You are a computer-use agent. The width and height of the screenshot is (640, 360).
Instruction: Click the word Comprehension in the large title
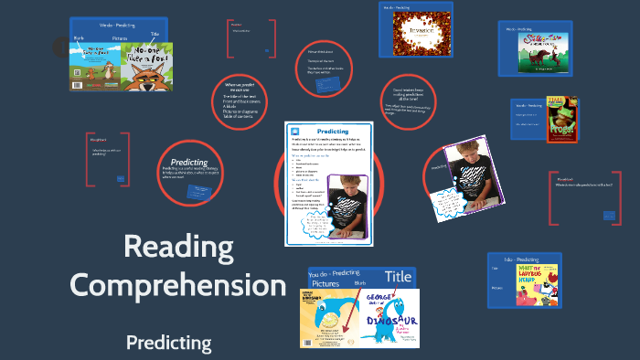tap(177, 285)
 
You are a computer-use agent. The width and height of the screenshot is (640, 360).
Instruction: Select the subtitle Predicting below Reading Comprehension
tap(168, 344)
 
